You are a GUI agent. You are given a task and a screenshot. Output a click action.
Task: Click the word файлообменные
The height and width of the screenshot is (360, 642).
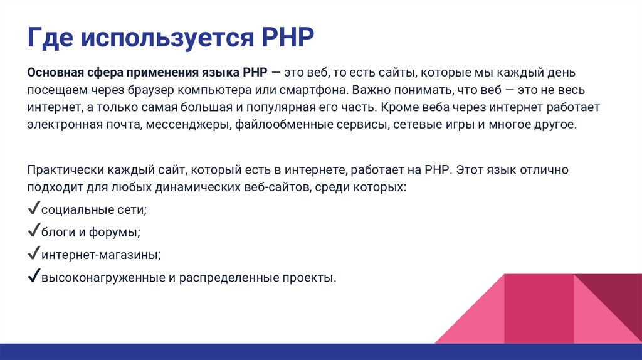pyautogui.click(x=278, y=124)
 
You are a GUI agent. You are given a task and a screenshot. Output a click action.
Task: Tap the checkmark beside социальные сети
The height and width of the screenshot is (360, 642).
pyautogui.click(x=34, y=208)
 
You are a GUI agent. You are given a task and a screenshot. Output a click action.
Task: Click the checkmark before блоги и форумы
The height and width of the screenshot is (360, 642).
pyautogui.click(x=34, y=231)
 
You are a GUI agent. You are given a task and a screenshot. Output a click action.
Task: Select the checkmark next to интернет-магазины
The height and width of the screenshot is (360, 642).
pyautogui.click(x=34, y=254)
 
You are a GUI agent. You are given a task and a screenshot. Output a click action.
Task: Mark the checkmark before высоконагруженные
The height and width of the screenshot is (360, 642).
pyautogui.click(x=34, y=277)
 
